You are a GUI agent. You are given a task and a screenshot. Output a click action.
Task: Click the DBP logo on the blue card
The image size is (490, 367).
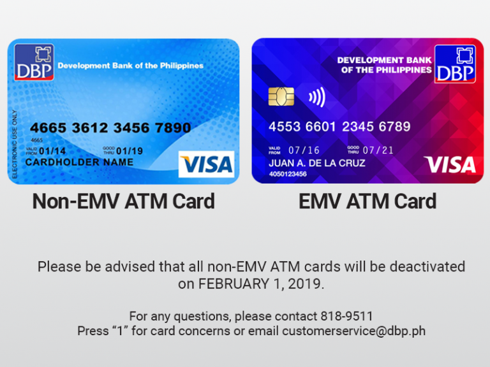pos(34,62)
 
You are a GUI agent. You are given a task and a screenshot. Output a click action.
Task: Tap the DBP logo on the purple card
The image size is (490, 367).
pos(455,64)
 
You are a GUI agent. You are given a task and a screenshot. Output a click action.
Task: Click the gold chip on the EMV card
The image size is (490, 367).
pos(281,97)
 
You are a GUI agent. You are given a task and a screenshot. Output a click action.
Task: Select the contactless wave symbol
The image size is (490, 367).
pos(317,97)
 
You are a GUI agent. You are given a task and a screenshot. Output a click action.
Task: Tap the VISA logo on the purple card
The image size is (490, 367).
pos(450,165)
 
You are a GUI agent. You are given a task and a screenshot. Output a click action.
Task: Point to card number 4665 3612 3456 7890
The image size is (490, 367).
pos(110,128)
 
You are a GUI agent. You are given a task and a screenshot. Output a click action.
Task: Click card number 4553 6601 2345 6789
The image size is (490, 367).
pos(339,126)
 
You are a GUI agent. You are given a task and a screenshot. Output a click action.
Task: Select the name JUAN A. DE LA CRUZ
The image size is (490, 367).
pos(317,163)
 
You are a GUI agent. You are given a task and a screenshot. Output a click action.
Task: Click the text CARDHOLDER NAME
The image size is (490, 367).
pos(79,162)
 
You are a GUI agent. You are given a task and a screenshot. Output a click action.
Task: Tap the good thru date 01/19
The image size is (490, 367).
pos(130,151)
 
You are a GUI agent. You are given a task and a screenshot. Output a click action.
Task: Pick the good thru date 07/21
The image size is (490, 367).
pos(378,150)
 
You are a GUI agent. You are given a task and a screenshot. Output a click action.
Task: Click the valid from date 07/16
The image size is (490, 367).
pos(304,150)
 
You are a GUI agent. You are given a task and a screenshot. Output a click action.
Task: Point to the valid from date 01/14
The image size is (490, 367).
pos(52,151)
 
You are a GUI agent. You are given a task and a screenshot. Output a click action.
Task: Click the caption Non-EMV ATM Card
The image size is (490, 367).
pos(123,201)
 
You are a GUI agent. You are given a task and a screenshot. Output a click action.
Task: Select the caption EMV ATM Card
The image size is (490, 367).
pos(367,201)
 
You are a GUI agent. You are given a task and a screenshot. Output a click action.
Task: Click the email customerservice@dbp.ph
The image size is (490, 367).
pos(353,331)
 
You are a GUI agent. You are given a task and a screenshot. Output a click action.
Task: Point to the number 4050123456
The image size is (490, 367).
pos(288,174)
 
